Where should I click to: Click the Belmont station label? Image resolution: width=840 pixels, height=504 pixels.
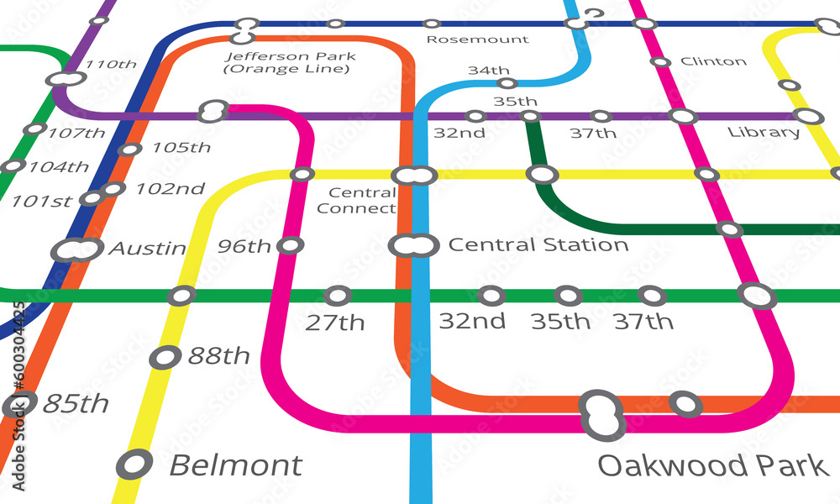pos(236,465)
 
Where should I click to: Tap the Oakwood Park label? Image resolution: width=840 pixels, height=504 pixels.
pos(713,465)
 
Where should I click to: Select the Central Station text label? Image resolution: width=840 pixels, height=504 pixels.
pos(538,245)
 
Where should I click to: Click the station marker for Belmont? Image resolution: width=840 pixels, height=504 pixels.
pos(134,464)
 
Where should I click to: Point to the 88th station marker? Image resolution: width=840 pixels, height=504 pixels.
pos(165,357)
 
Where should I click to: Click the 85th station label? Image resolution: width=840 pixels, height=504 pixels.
pos(76,404)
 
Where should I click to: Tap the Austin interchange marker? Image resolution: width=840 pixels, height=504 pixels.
pos(76,249)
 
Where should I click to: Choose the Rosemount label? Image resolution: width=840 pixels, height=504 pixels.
pos(477,39)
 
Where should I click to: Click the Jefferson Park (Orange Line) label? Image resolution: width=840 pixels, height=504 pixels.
pos(290,62)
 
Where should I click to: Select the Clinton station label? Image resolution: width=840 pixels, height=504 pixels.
pos(713,61)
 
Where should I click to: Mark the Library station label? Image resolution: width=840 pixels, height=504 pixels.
pos(764,133)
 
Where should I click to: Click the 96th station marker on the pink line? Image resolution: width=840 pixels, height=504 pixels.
pos(290,245)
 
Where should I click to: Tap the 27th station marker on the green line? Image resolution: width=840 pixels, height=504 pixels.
pos(338,296)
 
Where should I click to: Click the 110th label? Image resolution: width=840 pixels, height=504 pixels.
pos(111,65)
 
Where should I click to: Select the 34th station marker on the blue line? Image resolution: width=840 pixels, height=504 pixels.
pos(507,83)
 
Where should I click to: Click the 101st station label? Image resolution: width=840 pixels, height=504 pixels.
pos(41,202)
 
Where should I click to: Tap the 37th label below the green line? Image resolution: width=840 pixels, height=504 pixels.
pos(643,322)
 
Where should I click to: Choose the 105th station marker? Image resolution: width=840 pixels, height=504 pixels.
pos(129,150)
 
